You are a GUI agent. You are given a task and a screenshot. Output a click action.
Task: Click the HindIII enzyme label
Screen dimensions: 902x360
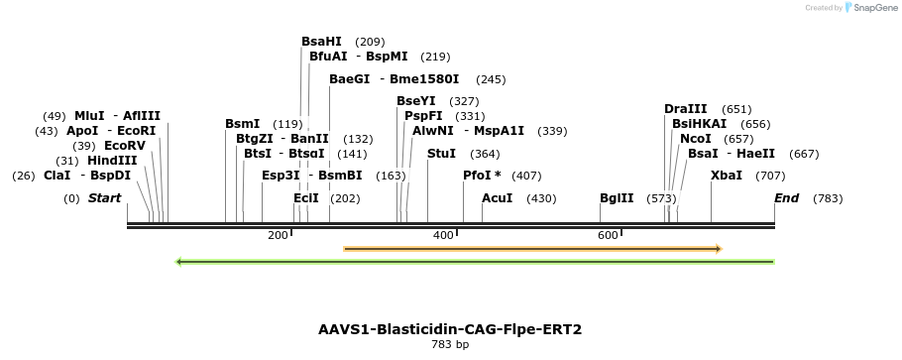pyautogui.click(x=112, y=160)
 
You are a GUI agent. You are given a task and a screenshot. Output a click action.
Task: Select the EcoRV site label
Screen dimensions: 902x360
pyautogui.click(x=125, y=145)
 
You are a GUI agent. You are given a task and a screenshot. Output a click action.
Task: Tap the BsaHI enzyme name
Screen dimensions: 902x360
pyautogui.click(x=321, y=42)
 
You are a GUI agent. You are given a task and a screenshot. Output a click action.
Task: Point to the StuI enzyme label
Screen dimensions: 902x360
pyautogui.click(x=442, y=153)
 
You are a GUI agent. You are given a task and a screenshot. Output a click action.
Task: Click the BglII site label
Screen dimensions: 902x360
pyautogui.click(x=617, y=198)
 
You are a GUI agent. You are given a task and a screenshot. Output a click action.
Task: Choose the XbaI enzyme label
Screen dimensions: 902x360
pyautogui.click(x=727, y=176)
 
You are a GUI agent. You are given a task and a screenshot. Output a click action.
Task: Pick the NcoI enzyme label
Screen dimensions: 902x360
pyautogui.click(x=696, y=138)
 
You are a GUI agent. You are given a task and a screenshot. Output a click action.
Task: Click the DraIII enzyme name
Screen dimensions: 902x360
pyautogui.click(x=686, y=109)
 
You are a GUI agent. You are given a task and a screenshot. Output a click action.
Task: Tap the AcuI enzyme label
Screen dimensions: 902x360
pyautogui.click(x=497, y=198)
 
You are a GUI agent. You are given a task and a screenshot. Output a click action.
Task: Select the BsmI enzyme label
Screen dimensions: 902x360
pyautogui.click(x=243, y=124)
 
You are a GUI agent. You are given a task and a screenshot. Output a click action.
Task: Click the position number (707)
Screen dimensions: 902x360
pyautogui.click(x=770, y=176)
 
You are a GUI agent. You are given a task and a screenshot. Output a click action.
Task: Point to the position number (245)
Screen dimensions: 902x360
pyautogui.click(x=492, y=80)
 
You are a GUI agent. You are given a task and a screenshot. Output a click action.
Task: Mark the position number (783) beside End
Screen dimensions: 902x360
pyautogui.click(x=828, y=198)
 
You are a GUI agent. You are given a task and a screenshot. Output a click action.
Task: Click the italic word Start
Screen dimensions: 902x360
pyautogui.click(x=104, y=198)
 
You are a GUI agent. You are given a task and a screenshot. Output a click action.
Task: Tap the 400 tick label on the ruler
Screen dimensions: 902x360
pyautogui.click(x=443, y=235)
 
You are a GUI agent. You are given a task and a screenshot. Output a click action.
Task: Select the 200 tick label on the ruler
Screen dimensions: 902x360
pyautogui.click(x=278, y=235)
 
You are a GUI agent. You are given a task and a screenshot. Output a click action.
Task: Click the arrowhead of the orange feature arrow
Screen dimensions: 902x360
pyautogui.click(x=719, y=249)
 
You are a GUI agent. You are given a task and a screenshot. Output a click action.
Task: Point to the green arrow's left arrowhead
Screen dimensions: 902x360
pyautogui.click(x=178, y=262)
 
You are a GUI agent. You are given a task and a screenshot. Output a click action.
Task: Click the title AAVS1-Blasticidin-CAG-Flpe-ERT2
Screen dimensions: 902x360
pyautogui.click(x=450, y=329)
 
